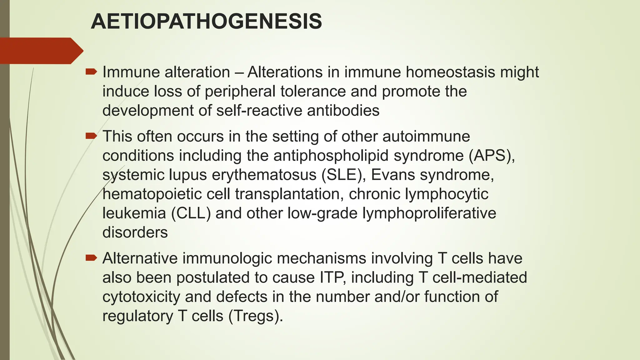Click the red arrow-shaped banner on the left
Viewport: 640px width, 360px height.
(41, 51)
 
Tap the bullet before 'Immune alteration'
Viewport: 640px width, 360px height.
(91, 72)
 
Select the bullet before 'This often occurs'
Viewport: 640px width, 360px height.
(91, 136)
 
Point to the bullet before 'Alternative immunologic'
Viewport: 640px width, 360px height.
(91, 258)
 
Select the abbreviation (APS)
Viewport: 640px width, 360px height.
(492, 156)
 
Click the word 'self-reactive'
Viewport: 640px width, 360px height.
(259, 111)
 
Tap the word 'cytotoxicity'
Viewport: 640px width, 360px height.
(141, 297)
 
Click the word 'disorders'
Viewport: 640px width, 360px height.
(135, 232)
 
